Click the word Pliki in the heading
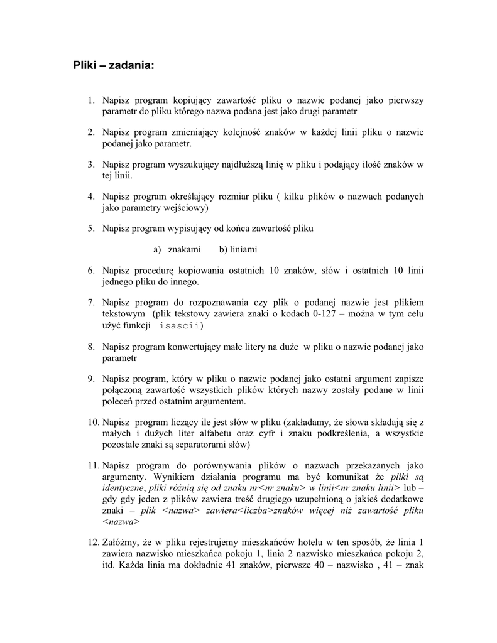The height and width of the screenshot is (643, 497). pyautogui.click(x=84, y=65)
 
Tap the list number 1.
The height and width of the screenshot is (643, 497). pyautogui.click(x=90, y=100)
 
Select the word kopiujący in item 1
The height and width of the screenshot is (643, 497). pyautogui.click(x=192, y=100)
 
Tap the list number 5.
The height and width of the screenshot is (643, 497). pyautogui.click(x=90, y=229)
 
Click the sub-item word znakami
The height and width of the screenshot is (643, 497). pyautogui.click(x=184, y=250)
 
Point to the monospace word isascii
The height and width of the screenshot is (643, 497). pyautogui.click(x=180, y=325)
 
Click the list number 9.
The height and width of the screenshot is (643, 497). pyautogui.click(x=90, y=379)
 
